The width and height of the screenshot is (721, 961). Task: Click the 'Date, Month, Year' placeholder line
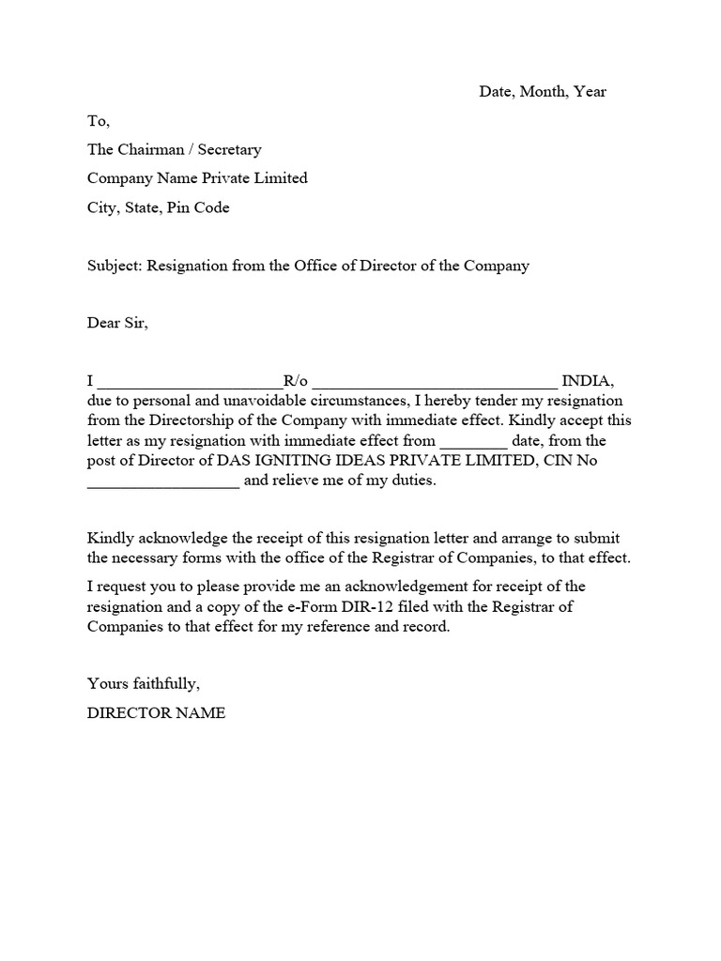point(543,92)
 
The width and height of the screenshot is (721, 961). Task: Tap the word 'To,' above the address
point(99,121)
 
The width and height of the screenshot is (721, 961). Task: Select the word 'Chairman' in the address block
point(154,149)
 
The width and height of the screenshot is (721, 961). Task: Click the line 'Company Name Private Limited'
point(197,178)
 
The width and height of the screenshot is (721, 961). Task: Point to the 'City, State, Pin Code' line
point(158,207)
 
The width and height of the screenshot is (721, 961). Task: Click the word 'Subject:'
point(115,266)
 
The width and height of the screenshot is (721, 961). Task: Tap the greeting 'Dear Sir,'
point(117,324)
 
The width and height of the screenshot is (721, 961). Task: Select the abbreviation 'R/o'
point(296,381)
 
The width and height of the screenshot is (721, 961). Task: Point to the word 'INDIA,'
point(588,381)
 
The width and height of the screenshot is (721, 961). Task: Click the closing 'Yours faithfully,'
point(144,683)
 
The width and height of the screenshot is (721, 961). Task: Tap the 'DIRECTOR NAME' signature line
point(156,713)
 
